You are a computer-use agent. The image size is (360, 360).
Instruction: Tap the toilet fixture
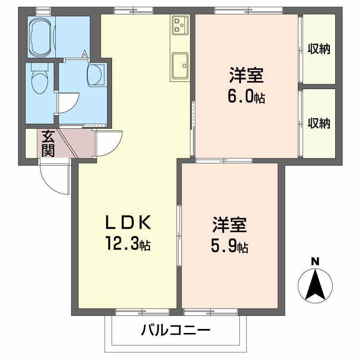[x=39, y=79]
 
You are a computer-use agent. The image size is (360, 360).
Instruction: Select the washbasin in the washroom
[x=95, y=74]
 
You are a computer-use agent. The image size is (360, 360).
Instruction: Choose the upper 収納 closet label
[x=319, y=49]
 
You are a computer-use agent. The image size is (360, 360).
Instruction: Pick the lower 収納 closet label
[x=319, y=123]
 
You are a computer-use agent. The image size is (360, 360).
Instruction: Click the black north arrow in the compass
[x=315, y=285]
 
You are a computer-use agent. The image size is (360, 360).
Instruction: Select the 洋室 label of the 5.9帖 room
[x=229, y=225]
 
